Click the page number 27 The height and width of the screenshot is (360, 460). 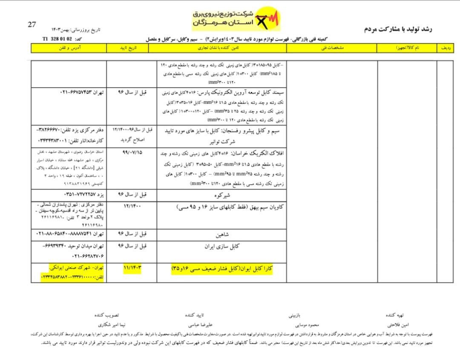pos(32,24)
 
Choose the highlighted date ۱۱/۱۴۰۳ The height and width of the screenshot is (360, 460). pos(132,267)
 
